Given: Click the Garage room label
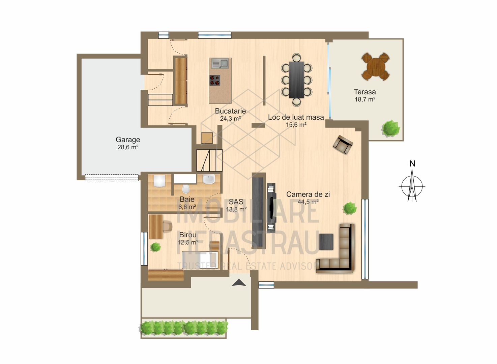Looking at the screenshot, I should click(128, 140).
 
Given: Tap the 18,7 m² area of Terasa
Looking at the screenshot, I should click(365, 99).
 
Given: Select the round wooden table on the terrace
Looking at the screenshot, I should click(375, 66).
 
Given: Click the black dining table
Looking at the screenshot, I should click(296, 80).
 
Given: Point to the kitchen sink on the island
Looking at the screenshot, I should click(220, 63).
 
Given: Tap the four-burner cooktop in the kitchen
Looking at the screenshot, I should click(215, 80).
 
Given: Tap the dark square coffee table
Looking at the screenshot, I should click(326, 242).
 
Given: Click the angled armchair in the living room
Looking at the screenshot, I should click(343, 145).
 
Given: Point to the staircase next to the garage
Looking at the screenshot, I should click(209, 160).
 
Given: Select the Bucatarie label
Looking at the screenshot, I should click(230, 111).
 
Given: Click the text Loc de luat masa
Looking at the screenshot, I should click(296, 117).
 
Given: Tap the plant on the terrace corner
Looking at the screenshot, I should click(391, 128).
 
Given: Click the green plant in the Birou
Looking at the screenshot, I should click(155, 247).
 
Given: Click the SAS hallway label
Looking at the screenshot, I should click(236, 202).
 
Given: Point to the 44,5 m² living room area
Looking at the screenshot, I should click(308, 202).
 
